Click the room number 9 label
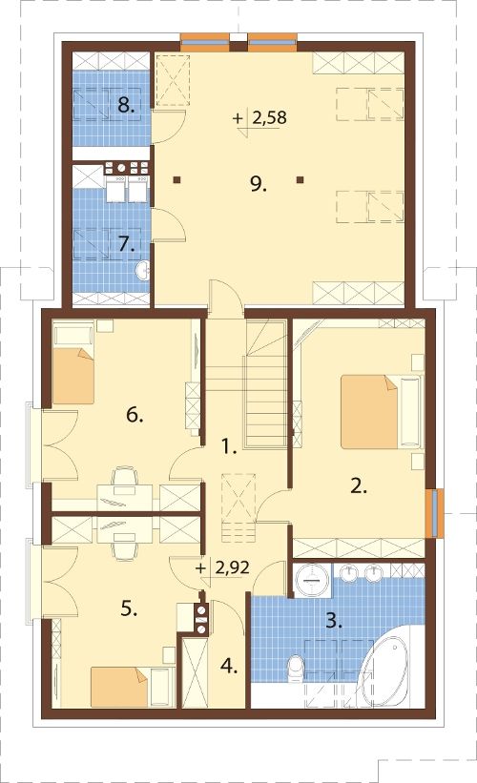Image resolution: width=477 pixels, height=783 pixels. (x=259, y=185)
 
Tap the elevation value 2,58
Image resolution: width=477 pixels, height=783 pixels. (x=269, y=118)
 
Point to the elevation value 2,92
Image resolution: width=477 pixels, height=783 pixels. (x=232, y=567)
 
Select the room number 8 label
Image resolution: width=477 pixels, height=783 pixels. (x=126, y=105)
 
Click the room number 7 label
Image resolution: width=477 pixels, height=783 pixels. (x=127, y=244)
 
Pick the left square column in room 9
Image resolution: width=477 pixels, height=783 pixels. (x=176, y=180)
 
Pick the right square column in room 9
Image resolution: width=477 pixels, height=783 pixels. (x=300, y=180)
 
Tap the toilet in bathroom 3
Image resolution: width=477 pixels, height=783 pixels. (x=296, y=669)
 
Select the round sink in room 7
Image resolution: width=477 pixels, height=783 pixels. (x=143, y=270)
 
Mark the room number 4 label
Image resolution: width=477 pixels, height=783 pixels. (x=229, y=666)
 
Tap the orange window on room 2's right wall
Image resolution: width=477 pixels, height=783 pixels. (x=436, y=513)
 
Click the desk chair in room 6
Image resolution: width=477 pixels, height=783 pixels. (x=125, y=477)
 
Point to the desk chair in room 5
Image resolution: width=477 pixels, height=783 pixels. (x=125, y=549)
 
